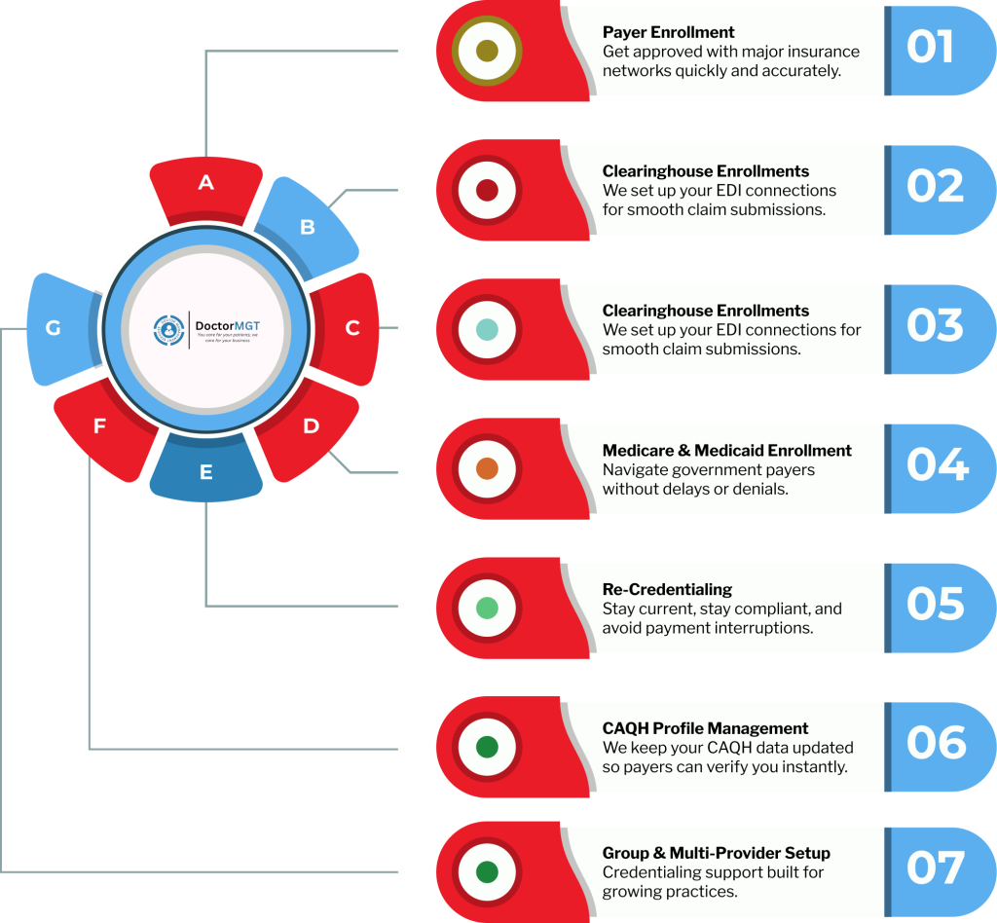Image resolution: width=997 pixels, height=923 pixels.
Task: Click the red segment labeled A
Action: coord(205,184)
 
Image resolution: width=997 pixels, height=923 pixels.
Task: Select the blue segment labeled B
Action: coord(306,227)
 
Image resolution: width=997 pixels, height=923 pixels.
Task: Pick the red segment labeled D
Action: coord(309,427)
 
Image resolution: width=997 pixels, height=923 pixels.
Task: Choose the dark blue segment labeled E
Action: coord(205,473)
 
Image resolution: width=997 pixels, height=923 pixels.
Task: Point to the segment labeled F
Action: coord(100,427)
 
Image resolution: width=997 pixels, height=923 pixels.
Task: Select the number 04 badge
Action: coord(936,465)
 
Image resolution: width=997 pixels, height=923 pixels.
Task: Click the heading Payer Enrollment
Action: coord(668,33)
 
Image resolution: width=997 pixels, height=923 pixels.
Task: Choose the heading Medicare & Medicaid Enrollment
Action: coord(726,451)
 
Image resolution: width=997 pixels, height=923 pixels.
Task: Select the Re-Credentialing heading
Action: coord(667,589)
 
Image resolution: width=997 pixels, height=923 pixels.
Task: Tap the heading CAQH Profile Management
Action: coord(705,728)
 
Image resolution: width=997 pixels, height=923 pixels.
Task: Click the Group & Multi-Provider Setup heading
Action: coord(716,854)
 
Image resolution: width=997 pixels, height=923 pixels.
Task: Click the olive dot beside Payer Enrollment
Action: coord(488,51)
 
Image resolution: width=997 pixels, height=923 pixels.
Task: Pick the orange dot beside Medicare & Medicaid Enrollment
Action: coord(488,468)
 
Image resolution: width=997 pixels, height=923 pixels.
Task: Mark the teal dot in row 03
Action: coord(488,329)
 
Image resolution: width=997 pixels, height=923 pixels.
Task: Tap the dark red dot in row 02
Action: coord(488,190)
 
